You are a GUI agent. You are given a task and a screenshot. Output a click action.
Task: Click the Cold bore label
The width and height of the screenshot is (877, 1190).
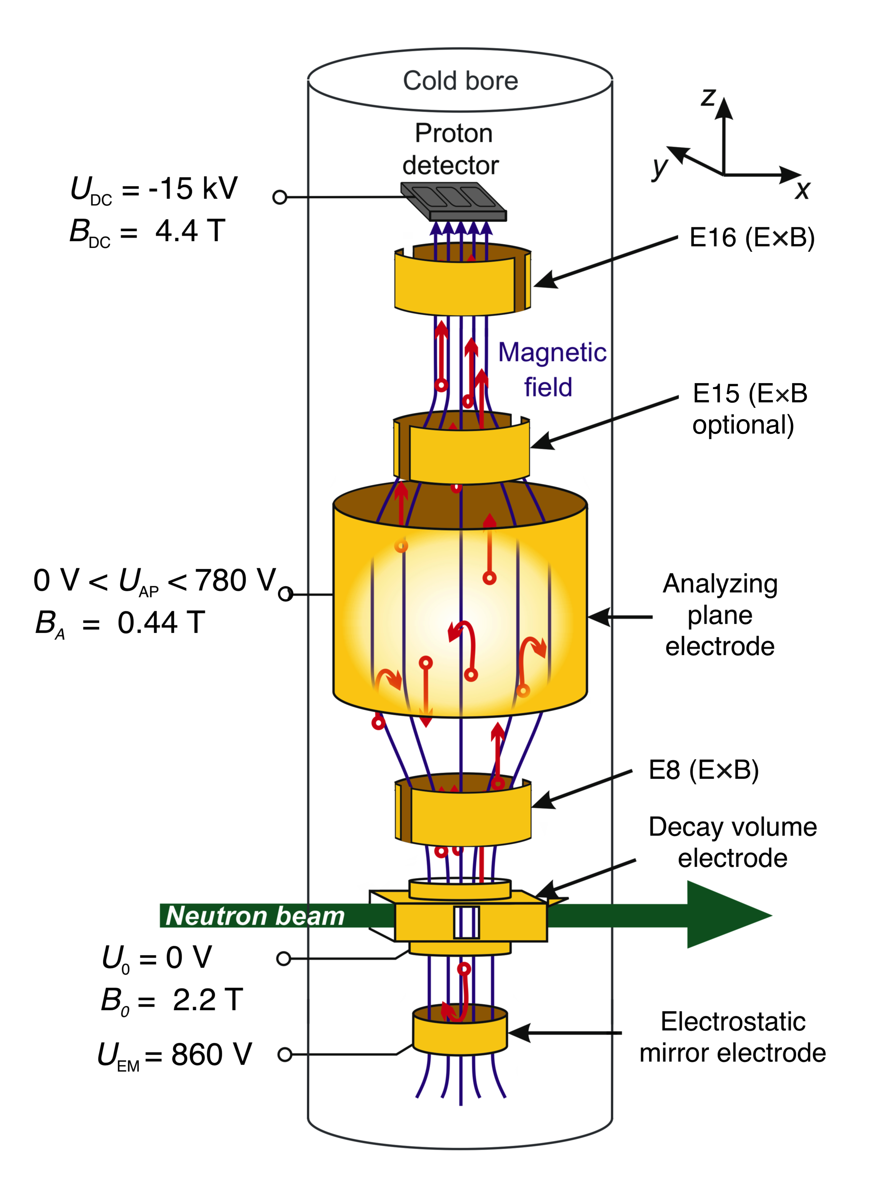point(460,81)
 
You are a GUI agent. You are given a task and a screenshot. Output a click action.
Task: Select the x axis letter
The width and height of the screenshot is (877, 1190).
point(802,189)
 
